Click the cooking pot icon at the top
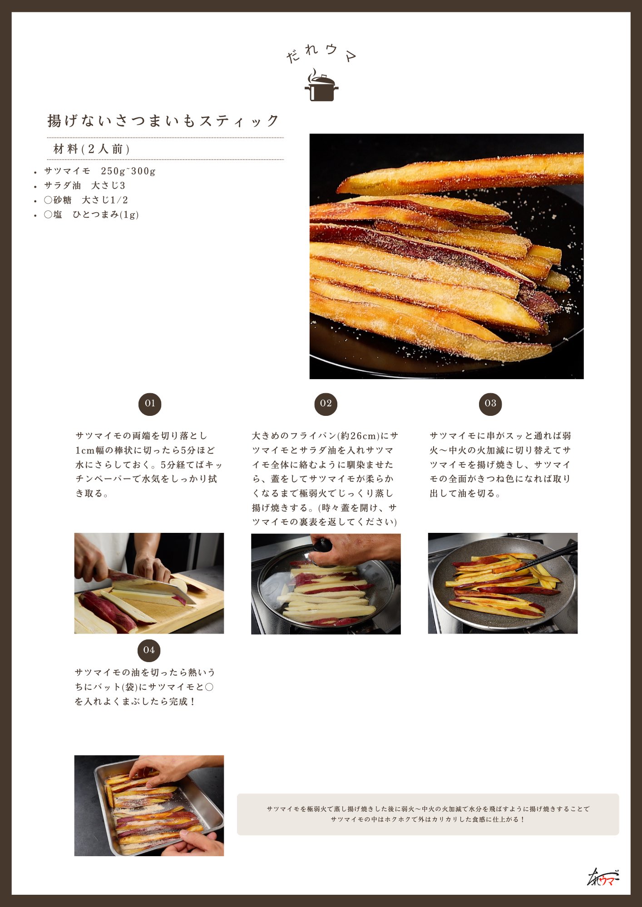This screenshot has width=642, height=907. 321,85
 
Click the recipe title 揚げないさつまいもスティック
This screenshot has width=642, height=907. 163,121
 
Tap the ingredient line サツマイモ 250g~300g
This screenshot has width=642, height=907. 100,171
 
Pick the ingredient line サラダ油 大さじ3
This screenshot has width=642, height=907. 85,185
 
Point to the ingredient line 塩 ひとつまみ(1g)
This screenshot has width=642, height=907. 91,215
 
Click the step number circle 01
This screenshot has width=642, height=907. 150,404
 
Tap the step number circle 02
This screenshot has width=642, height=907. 326,404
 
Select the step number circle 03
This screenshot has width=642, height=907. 490,404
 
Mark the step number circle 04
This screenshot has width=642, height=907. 149,651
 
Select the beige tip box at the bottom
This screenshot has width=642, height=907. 428,814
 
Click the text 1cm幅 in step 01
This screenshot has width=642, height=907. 91,450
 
